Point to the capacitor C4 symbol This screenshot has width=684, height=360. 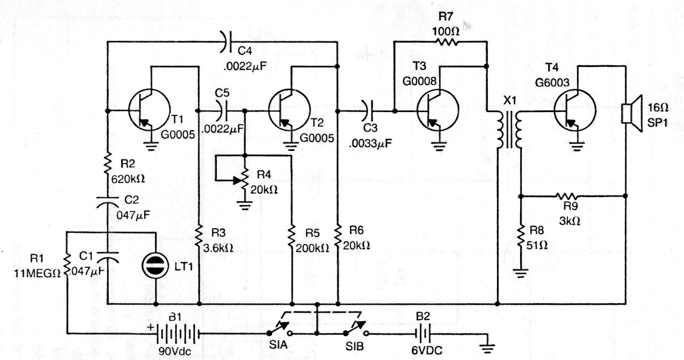pos(225,42)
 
